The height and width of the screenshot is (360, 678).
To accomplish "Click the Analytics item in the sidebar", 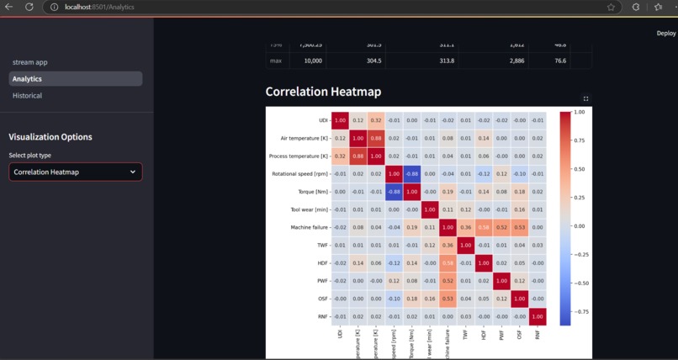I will click(27, 79).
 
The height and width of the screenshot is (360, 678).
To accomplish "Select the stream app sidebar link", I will click(29, 62).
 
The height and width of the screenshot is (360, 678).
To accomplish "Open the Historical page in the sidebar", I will click(27, 96).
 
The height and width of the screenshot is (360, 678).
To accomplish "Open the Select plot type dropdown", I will click(75, 172).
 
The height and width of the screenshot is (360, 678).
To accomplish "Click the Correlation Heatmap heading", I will click(323, 92).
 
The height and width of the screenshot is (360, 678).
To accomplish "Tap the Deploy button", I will click(665, 34).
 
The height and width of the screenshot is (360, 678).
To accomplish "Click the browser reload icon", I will click(29, 7).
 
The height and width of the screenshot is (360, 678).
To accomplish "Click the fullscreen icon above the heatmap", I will click(586, 98).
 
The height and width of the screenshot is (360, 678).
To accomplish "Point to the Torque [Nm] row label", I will click(309, 192).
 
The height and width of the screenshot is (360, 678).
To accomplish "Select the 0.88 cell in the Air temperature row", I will click(375, 138).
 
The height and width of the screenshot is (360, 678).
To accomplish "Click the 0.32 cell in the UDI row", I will click(375, 120).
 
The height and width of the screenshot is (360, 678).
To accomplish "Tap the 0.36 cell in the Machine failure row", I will click(465, 227).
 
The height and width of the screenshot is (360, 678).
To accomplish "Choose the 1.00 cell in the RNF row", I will click(538, 316).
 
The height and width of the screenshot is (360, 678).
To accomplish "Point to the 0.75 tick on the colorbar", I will click(580, 140).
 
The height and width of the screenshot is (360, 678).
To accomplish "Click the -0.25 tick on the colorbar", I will click(581, 254).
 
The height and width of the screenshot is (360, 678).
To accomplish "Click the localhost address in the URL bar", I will click(99, 7).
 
